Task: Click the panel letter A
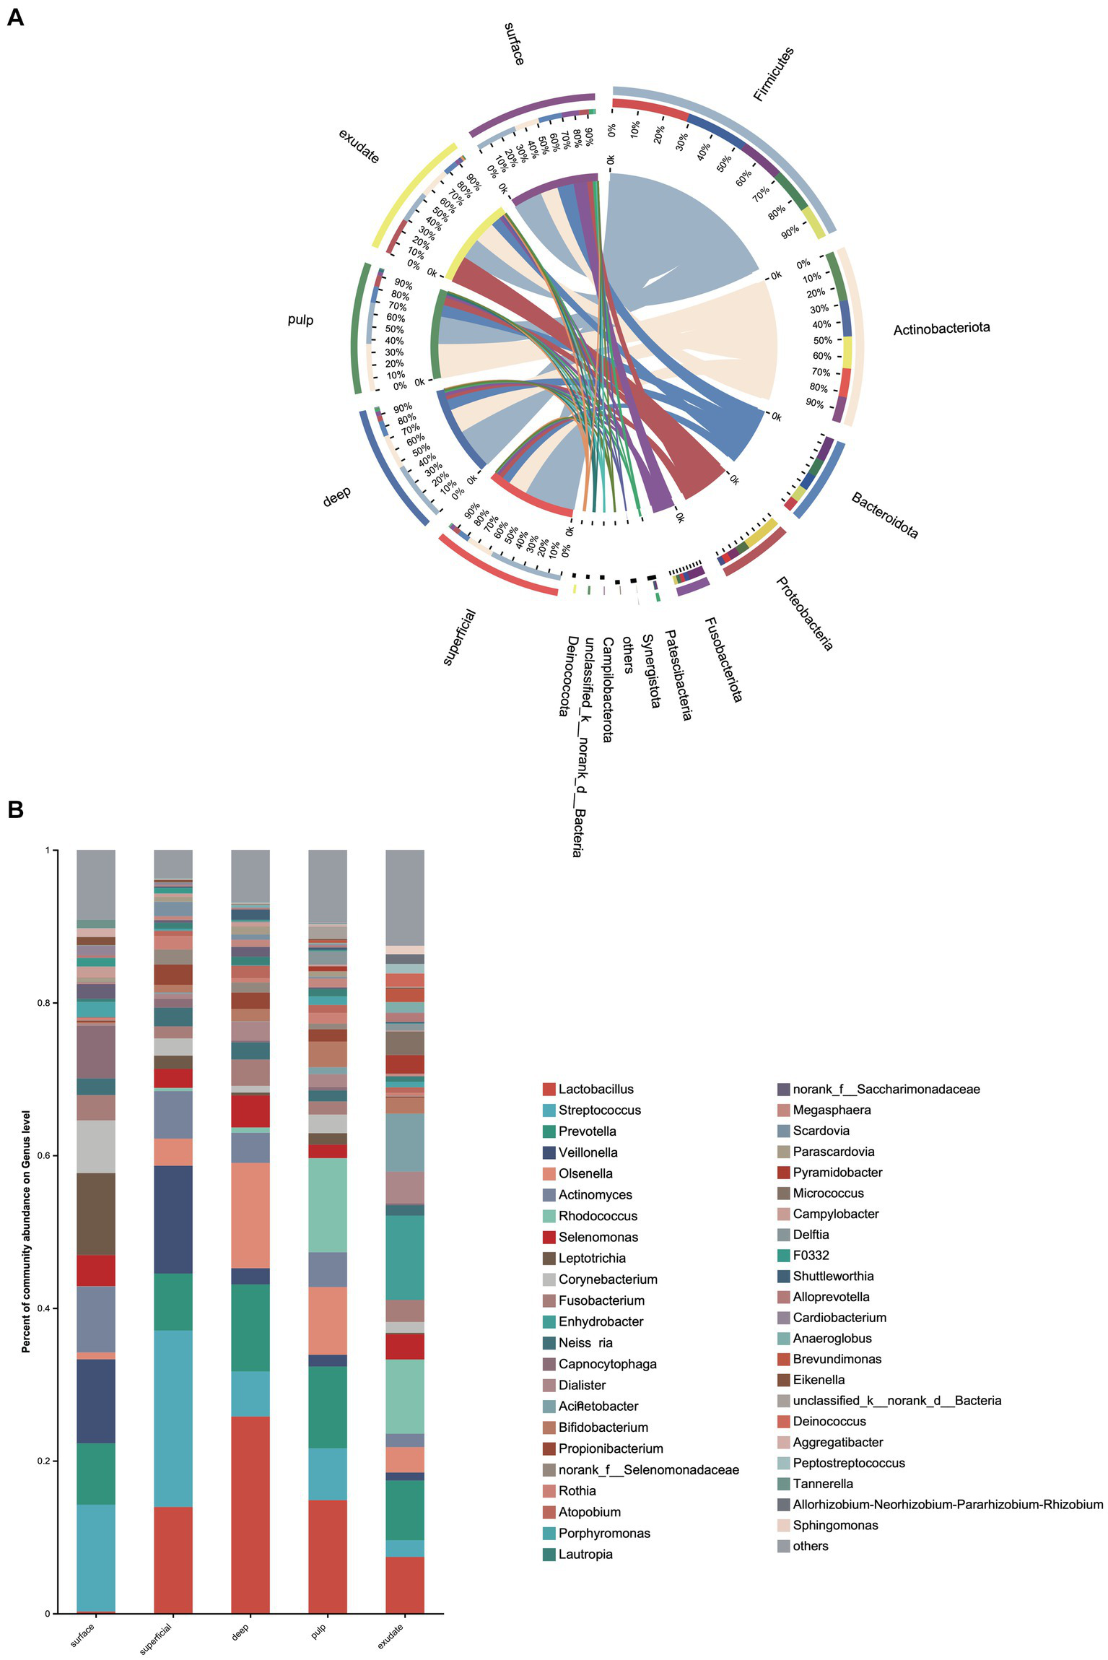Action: [14, 17]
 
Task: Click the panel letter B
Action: [14, 809]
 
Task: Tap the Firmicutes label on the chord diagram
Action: [773, 73]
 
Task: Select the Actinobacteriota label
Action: [941, 329]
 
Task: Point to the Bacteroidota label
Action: [884, 515]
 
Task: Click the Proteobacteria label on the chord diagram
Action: [804, 613]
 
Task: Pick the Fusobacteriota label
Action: [723, 659]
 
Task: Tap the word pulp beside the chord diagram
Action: [300, 319]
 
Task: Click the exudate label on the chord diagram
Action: [359, 146]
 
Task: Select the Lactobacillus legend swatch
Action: [549, 1089]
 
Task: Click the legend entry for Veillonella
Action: [588, 1152]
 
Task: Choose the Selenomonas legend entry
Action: [598, 1237]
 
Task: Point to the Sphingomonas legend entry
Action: [835, 1525]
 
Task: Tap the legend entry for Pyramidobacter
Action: [837, 1173]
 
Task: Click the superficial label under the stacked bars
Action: [157, 1637]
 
